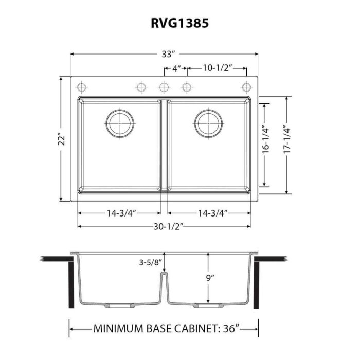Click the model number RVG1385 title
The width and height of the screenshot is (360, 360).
(x=179, y=23)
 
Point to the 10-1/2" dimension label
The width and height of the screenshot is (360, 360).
(x=218, y=68)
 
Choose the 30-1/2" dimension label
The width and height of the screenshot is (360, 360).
(x=165, y=226)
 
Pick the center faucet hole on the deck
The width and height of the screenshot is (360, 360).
(x=164, y=86)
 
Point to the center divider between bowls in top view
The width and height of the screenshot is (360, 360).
(x=164, y=144)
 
